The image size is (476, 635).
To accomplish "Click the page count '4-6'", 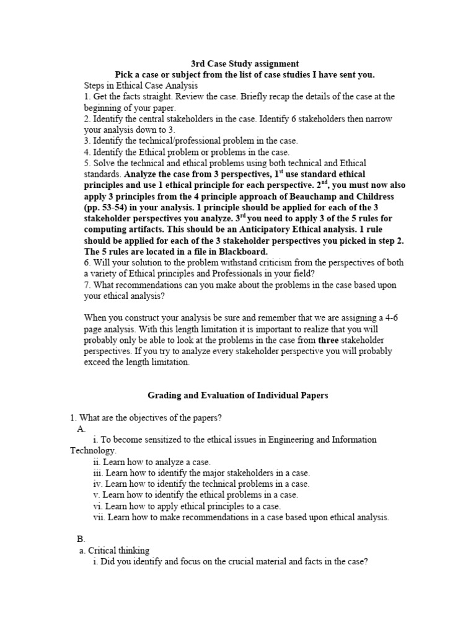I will (387, 317).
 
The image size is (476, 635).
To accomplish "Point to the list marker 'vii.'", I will (99, 517).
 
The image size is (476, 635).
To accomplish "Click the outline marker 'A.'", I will (81, 428).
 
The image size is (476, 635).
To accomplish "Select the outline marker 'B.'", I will (81, 539).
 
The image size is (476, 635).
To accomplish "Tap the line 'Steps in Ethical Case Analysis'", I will (141, 86).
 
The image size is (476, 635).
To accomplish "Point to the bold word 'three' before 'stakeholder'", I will (330, 340).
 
